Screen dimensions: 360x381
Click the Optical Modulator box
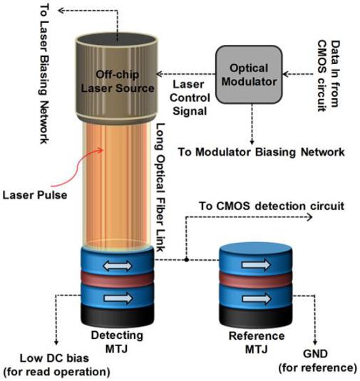(249, 75)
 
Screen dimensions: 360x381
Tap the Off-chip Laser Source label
(118, 81)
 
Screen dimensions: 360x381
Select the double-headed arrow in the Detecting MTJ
(118, 266)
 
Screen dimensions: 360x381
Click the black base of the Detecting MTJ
(117, 317)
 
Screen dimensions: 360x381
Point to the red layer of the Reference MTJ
(256, 279)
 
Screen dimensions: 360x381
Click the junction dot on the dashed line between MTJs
(187, 260)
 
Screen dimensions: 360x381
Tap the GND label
(315, 354)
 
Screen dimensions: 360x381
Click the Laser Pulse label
(35, 195)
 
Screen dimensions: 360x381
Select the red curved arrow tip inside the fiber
(102, 150)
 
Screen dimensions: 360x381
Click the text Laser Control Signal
(190, 98)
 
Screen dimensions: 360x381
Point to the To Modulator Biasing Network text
(262, 152)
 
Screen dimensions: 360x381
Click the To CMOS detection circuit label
(272, 206)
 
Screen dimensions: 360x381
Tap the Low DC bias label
(54, 358)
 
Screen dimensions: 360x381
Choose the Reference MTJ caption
(257, 343)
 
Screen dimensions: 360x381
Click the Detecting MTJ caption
(117, 342)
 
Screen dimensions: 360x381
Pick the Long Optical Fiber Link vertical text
(160, 187)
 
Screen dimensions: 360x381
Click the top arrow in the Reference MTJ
(257, 264)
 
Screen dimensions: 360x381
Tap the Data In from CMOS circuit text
(329, 75)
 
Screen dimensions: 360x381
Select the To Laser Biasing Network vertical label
(44, 73)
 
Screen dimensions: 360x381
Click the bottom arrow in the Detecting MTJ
(118, 298)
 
